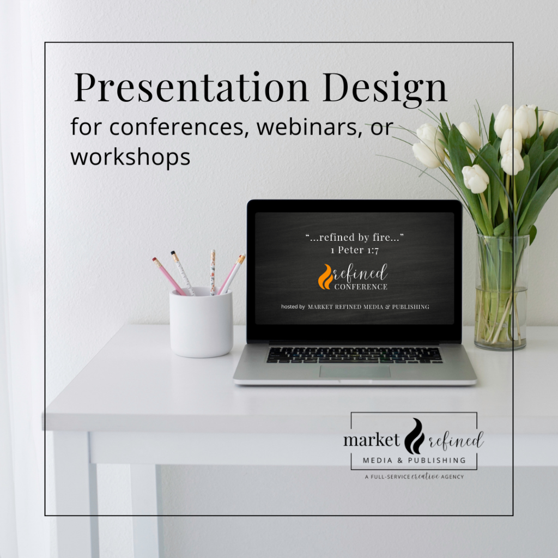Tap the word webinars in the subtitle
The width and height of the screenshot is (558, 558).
[x=304, y=127]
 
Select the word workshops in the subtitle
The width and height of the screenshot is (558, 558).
[x=130, y=157]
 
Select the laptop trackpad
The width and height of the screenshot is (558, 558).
[x=355, y=371]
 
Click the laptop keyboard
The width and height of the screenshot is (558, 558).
[x=354, y=355]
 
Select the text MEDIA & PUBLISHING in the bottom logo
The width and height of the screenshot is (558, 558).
[x=414, y=460]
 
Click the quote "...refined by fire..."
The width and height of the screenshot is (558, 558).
[x=354, y=238]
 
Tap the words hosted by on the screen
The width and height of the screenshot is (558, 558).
[x=293, y=307]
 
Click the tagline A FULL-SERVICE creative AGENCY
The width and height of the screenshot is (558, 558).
[x=414, y=477]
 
